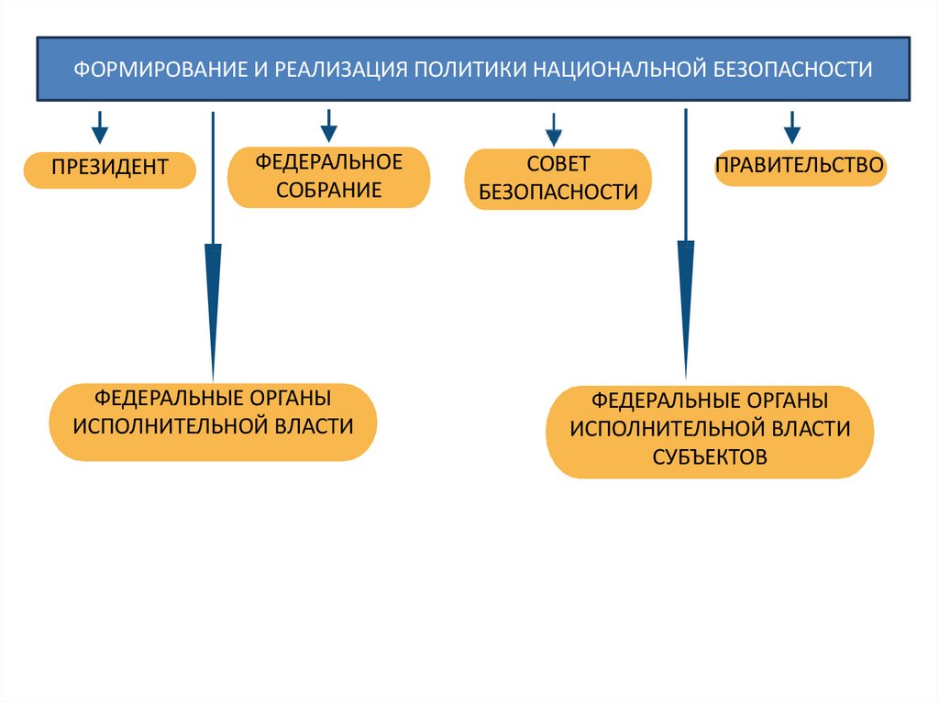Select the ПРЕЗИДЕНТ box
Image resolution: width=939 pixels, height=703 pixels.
click(110, 169)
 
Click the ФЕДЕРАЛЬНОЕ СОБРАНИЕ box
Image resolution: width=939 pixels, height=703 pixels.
click(329, 177)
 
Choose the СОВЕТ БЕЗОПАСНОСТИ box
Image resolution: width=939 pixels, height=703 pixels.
click(558, 179)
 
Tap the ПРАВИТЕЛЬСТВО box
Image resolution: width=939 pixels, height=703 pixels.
click(800, 167)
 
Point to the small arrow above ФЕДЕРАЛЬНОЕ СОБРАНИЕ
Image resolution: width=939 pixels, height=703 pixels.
click(328, 126)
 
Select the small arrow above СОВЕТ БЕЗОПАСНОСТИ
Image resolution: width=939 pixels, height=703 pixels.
click(553, 129)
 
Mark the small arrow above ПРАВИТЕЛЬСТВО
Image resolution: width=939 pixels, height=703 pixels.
click(792, 126)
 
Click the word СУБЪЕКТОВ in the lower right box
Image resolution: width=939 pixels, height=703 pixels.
click(710, 457)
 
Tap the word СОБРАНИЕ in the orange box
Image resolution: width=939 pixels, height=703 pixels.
click(329, 191)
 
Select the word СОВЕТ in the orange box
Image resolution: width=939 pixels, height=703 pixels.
click(558, 165)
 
